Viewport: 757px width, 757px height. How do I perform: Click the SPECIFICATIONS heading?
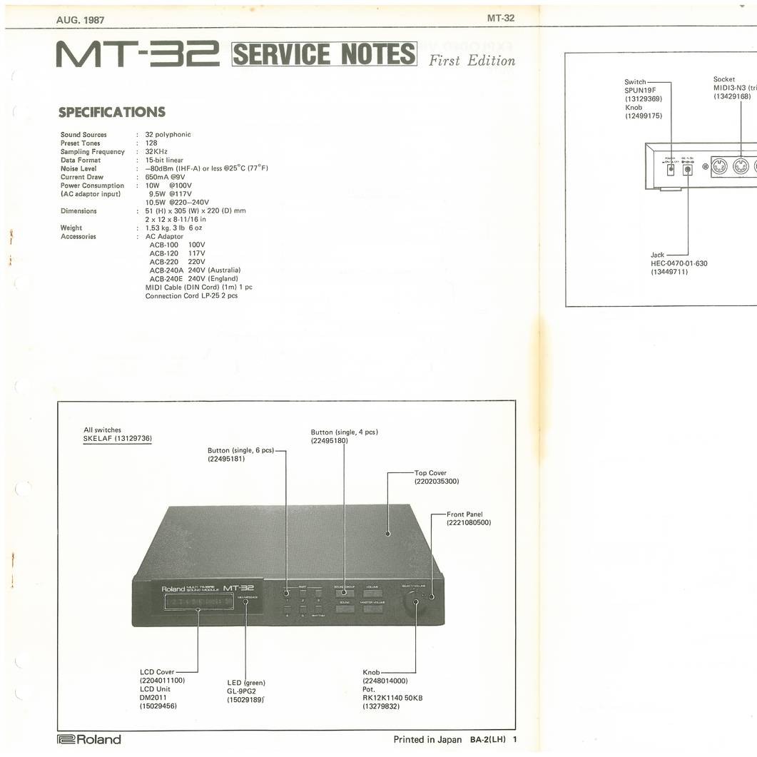(112, 112)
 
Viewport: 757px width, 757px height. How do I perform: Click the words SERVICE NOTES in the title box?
(325, 54)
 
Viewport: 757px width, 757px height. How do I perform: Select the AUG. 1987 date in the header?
(80, 19)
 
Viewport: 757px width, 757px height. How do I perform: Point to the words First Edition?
(471, 60)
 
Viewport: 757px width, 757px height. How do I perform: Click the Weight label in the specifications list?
(71, 228)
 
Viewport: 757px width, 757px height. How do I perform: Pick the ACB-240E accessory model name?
(163, 279)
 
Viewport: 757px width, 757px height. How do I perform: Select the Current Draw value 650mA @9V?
(165, 177)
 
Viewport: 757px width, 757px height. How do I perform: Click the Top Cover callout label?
(430, 473)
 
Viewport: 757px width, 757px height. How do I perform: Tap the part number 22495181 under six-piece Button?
(226, 459)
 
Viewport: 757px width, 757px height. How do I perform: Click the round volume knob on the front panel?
(415, 604)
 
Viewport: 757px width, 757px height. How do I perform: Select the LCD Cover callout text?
(157, 672)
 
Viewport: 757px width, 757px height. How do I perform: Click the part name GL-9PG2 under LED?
(241, 691)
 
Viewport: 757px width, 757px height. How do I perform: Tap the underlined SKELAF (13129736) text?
(118, 439)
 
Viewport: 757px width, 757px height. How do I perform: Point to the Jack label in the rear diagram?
(657, 255)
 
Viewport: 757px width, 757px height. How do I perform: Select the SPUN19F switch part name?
(640, 91)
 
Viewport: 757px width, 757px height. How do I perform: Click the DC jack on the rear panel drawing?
(688, 169)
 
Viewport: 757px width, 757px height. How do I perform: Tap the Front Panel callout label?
(464, 514)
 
